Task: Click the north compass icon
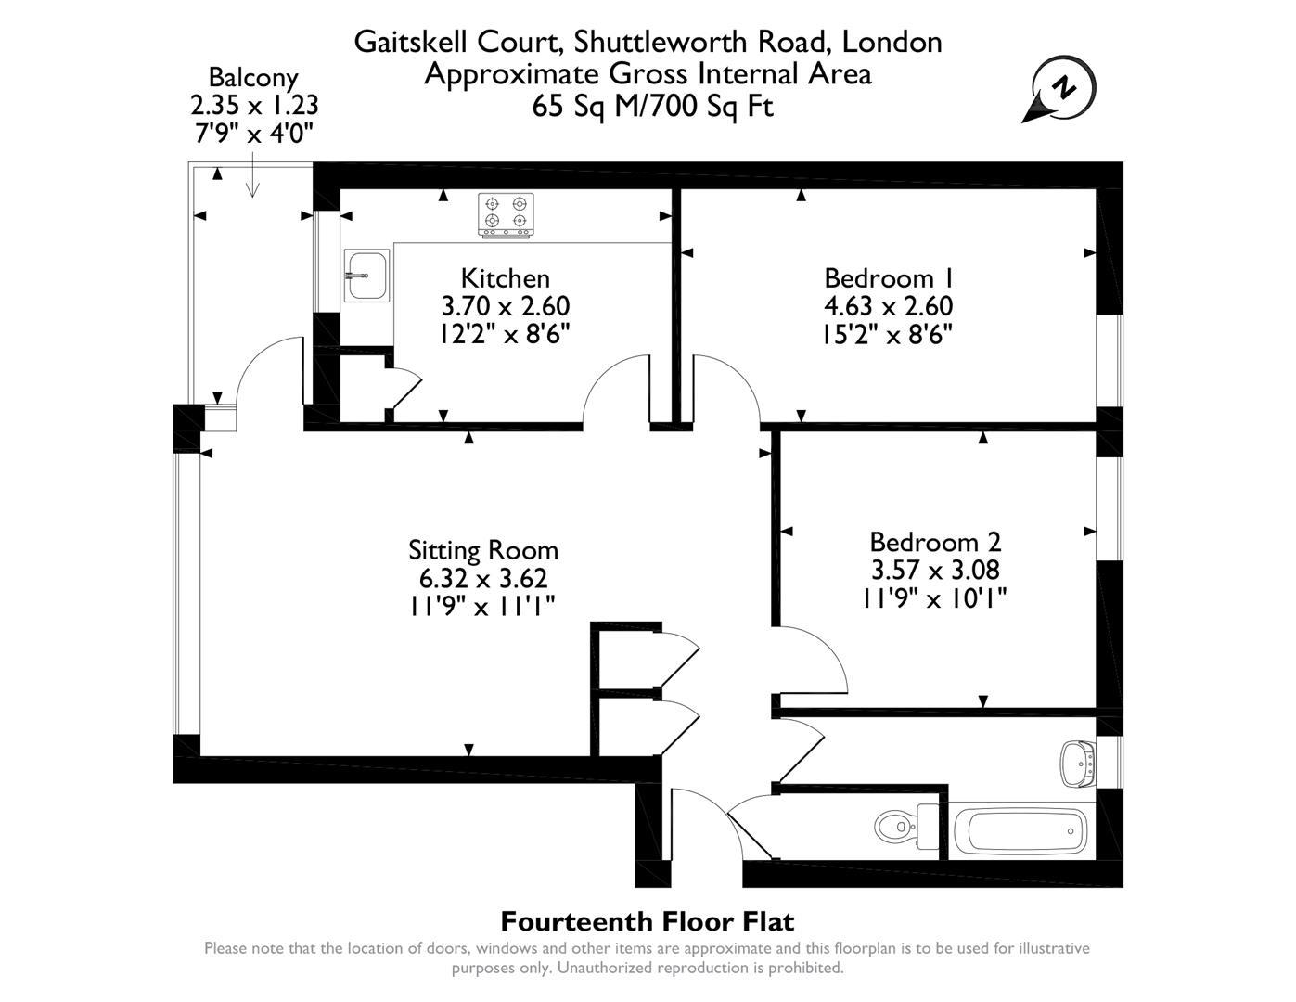(1062, 89)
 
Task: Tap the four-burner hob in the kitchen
(506, 213)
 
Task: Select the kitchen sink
(366, 276)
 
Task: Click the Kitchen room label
(505, 278)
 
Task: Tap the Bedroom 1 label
(888, 278)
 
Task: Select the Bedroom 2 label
(934, 542)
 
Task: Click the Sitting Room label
(483, 550)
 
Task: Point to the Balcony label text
(253, 77)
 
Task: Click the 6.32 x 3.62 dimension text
(483, 578)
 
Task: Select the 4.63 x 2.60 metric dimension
(888, 306)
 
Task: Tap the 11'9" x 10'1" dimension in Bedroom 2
(934, 597)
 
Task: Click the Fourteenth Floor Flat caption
(647, 921)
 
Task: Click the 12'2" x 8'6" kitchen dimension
(505, 333)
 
